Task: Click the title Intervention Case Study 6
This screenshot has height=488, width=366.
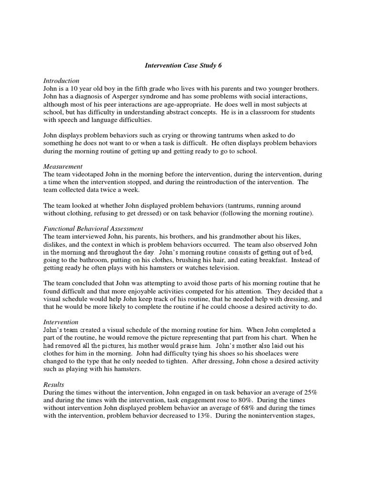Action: [x=183, y=66]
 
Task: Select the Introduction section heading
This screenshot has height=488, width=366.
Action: [x=61, y=81]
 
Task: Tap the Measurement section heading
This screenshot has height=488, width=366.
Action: [x=63, y=166]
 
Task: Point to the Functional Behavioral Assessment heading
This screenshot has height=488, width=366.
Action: [x=93, y=228]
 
